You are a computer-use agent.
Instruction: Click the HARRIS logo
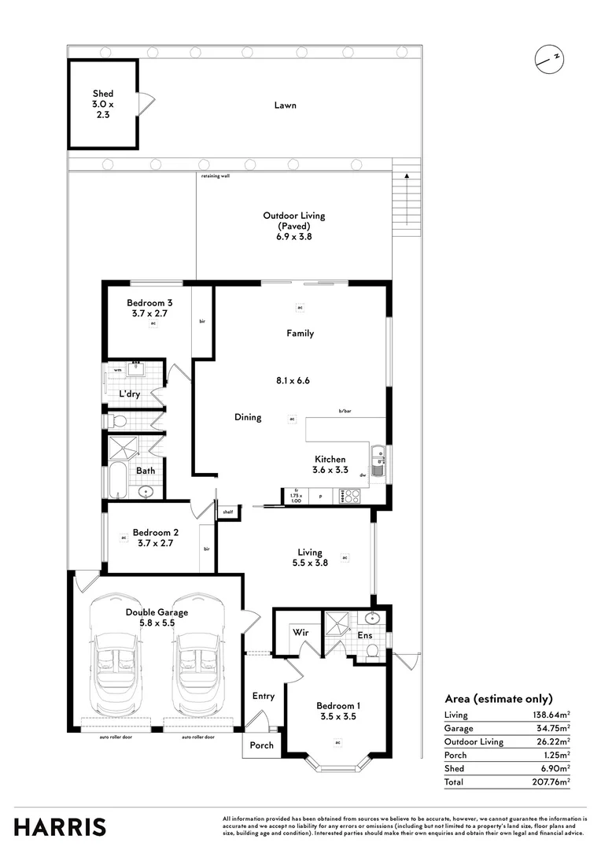click(x=60, y=827)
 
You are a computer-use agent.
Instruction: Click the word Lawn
click(x=285, y=105)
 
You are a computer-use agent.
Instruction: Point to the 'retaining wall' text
click(x=215, y=176)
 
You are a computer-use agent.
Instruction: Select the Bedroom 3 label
click(x=149, y=303)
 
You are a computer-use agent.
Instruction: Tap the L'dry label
click(x=130, y=394)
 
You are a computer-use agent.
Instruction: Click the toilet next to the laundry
click(x=116, y=419)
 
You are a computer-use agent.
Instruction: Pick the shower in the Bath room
click(x=123, y=449)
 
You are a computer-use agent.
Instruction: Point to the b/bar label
click(x=345, y=411)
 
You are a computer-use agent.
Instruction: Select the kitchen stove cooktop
click(x=349, y=496)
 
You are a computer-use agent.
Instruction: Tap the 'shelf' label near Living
click(x=228, y=512)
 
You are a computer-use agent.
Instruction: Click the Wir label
click(x=300, y=632)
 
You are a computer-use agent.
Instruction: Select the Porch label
click(x=261, y=745)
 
